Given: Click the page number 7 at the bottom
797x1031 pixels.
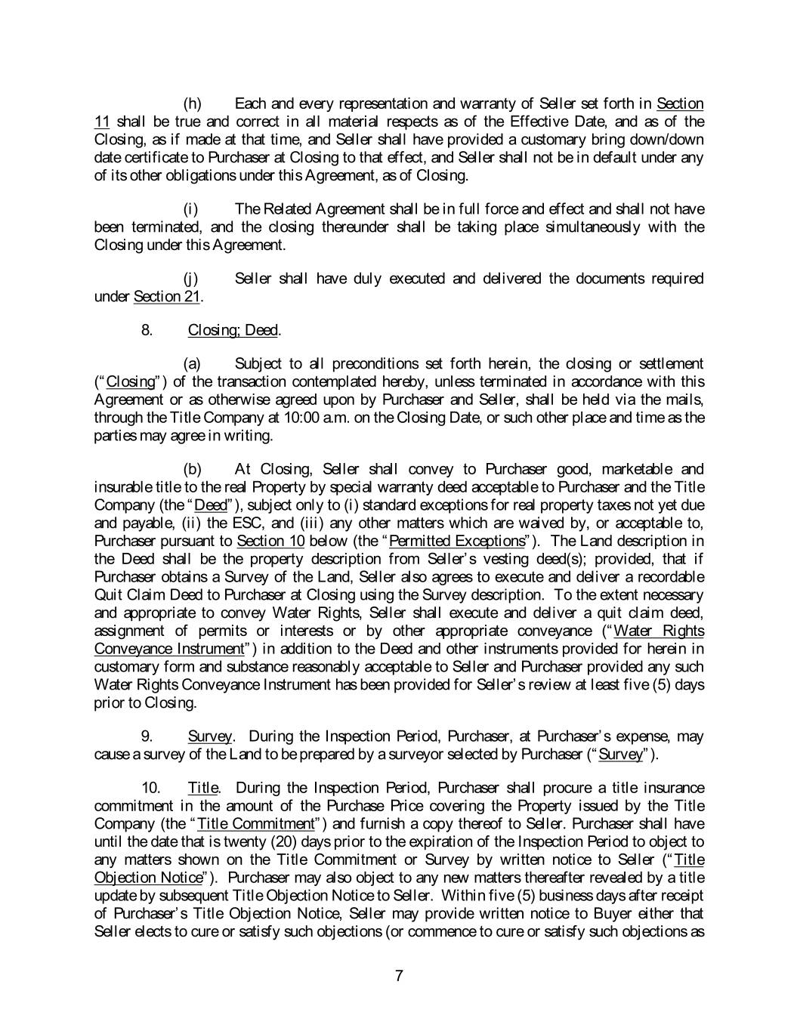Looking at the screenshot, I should click(399, 976).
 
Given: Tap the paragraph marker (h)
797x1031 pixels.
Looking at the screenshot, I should click(193, 103).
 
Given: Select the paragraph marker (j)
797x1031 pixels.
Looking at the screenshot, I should click(193, 279).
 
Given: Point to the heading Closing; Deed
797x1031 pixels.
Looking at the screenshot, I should click(233, 330).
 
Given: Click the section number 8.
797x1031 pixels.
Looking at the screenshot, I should click(147, 330).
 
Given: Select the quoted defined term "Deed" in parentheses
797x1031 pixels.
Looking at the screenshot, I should click(211, 505).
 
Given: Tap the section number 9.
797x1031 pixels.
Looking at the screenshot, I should click(147, 736).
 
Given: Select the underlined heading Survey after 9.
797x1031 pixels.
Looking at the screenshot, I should click(210, 736).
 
